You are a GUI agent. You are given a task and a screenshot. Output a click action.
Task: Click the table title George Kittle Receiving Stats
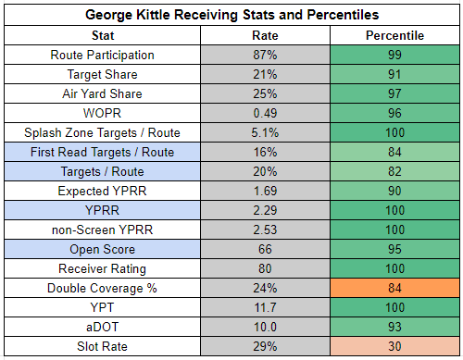click(x=231, y=15)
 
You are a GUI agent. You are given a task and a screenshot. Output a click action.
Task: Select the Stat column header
click(x=103, y=35)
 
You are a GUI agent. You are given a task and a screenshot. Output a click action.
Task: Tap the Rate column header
click(x=265, y=35)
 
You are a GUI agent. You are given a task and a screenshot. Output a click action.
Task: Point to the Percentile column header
click(x=394, y=35)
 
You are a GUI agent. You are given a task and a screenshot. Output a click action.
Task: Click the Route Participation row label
click(x=102, y=55)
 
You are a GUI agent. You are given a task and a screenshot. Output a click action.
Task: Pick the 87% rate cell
click(x=265, y=55)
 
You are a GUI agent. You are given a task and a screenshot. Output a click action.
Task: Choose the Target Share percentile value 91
click(x=394, y=74)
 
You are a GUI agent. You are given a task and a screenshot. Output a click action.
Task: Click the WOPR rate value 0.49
click(x=265, y=113)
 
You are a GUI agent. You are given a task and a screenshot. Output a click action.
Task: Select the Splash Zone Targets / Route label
click(x=102, y=132)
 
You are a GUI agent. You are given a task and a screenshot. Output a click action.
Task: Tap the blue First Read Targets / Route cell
click(x=102, y=152)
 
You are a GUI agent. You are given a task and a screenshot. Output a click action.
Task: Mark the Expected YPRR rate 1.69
click(x=265, y=191)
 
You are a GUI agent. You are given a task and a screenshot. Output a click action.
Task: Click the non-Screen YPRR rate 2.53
click(x=265, y=230)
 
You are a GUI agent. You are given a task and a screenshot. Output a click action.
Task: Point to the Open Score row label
click(x=102, y=249)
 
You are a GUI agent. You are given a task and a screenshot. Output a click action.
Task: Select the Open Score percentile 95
click(x=394, y=249)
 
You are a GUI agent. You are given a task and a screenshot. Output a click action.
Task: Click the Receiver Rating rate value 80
click(x=265, y=268)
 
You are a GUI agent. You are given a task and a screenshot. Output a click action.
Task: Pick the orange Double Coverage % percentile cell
click(x=394, y=288)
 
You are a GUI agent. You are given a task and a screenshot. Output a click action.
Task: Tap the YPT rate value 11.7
click(x=265, y=307)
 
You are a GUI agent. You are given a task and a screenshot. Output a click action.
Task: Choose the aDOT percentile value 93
click(x=394, y=327)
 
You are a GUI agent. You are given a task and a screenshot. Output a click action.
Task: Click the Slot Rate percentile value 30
click(x=394, y=346)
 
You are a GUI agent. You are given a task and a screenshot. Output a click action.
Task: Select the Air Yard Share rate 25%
click(x=265, y=93)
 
